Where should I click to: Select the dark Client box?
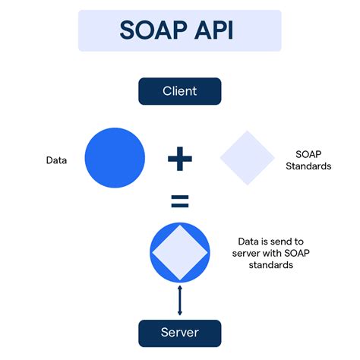[180, 91]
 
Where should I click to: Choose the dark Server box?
[180, 333]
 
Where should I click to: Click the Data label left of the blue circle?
[56, 160]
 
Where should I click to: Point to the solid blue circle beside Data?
[115, 159]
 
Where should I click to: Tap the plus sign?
[180, 159]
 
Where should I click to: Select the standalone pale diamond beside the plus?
[247, 159]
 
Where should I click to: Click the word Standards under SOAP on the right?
[308, 166]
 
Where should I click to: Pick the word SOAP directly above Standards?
[308, 153]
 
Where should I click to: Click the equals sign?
[179, 202]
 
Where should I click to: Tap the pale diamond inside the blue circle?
[180, 251]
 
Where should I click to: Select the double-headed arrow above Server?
[180, 300]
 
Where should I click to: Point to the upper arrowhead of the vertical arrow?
[180, 288]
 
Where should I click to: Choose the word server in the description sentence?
[244, 253]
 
